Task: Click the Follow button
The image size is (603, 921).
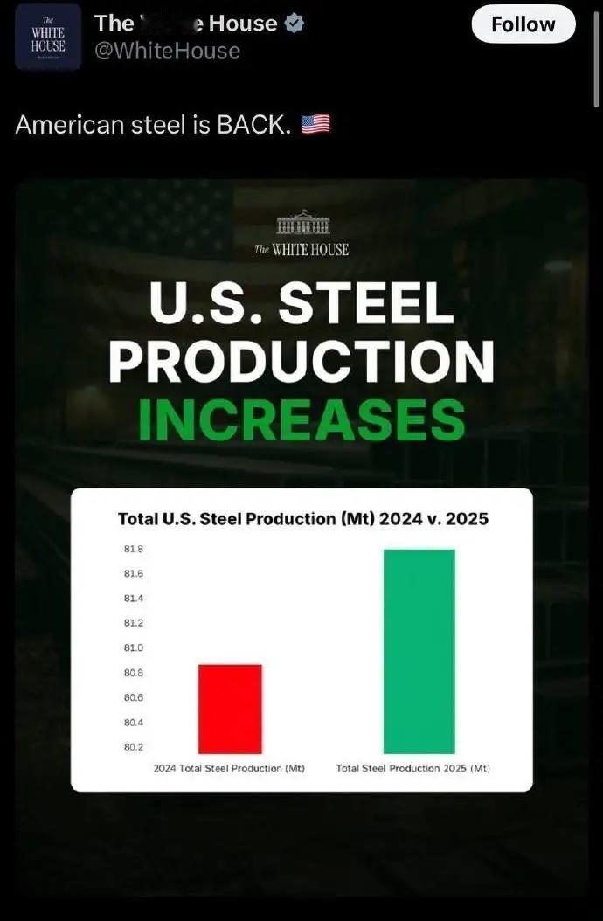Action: [523, 24]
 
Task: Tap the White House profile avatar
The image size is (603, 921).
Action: [48, 37]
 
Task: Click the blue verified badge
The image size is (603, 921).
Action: [295, 24]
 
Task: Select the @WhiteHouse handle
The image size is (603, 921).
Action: [167, 52]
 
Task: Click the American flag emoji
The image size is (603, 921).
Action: [315, 125]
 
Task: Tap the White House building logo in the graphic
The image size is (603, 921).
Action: [302, 223]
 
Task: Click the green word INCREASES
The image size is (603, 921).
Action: [301, 419]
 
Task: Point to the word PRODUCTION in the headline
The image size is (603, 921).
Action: [301, 361]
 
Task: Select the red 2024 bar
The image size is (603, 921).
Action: [230, 709]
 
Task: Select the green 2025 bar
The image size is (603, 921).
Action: [419, 651]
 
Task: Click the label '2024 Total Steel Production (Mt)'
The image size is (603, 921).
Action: [229, 768]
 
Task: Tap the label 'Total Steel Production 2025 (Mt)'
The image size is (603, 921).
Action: [413, 768]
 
